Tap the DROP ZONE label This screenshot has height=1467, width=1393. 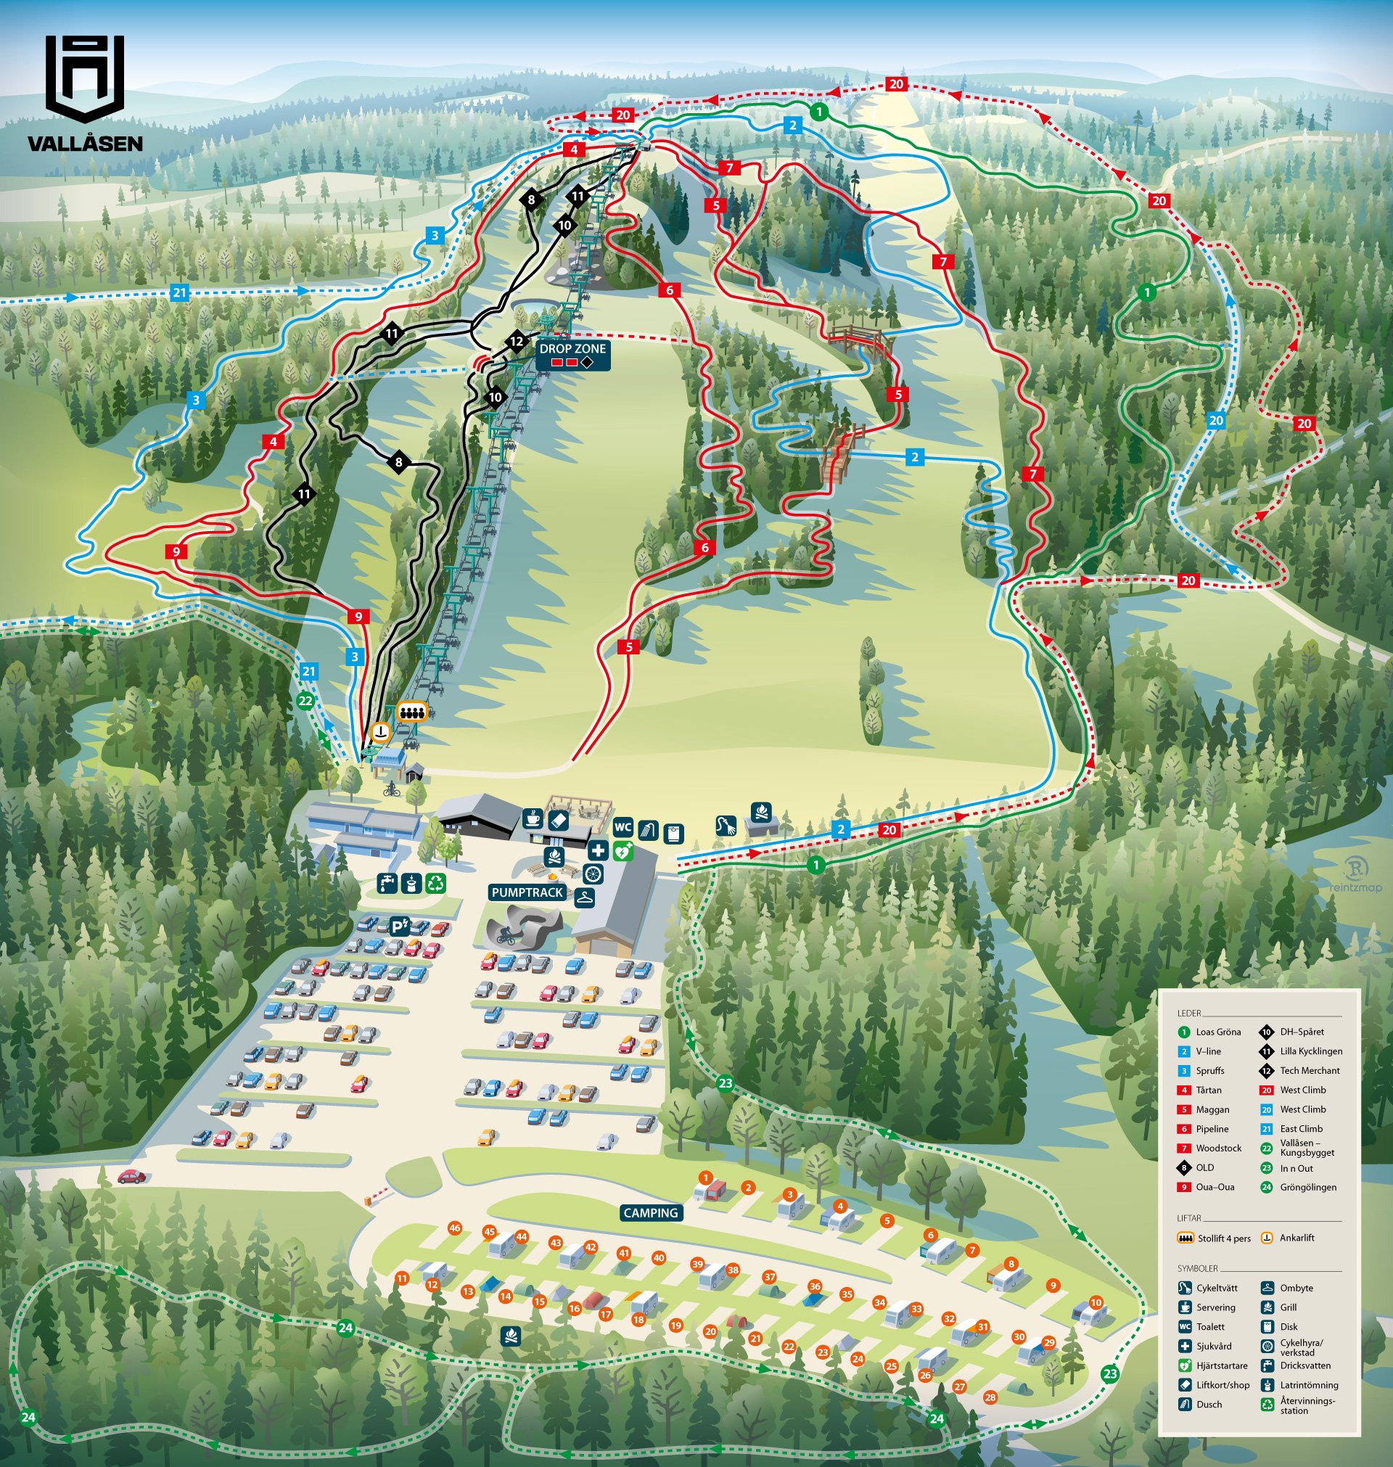[572, 349]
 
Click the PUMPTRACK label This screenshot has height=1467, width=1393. [527, 892]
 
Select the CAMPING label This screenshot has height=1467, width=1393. [651, 1212]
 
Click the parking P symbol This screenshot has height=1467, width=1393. [400, 926]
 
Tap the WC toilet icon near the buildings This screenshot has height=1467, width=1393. [622, 827]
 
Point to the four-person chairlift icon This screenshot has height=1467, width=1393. [411, 712]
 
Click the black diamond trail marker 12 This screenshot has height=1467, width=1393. [517, 342]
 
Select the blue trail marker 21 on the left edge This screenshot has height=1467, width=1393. [180, 292]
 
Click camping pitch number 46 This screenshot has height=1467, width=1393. [454, 1228]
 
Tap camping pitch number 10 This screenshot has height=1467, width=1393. [1096, 1302]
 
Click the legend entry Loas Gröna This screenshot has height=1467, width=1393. [1217, 1032]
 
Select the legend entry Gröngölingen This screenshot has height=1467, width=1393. [1307, 1187]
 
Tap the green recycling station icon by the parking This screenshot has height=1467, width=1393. [435, 883]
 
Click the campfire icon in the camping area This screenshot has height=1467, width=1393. [509, 1336]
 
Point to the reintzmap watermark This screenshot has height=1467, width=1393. [1355, 876]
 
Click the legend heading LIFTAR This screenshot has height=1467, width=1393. [1189, 1218]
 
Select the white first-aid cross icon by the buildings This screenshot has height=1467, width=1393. [598, 851]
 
